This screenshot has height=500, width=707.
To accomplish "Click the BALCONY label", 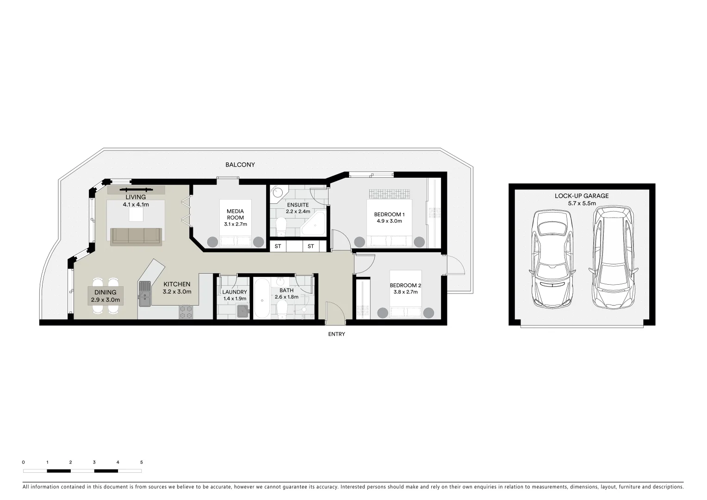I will pos(240,165).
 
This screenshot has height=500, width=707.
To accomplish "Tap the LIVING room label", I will pos(136,197).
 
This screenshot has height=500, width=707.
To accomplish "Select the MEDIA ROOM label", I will pos(235,214).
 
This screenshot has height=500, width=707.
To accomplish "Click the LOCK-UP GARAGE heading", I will pos(582,196).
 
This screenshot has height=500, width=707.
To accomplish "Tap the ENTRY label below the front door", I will pos(336,334).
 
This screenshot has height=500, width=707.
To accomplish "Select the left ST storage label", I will pos(278,246).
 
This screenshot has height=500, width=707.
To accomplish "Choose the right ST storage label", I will pos(310,246).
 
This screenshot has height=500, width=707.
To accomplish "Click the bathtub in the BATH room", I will pos(261,299).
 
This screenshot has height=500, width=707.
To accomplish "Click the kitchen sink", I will pos(144,294).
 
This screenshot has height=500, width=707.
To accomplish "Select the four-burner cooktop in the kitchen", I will pos(186,312).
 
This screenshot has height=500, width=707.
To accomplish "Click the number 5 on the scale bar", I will pos(142,462).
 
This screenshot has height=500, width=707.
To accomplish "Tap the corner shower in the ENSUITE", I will pos(315,225).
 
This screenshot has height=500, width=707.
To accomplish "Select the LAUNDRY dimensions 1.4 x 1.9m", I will pos(235,299).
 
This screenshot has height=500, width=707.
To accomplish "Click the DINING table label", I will pos(105,293).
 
